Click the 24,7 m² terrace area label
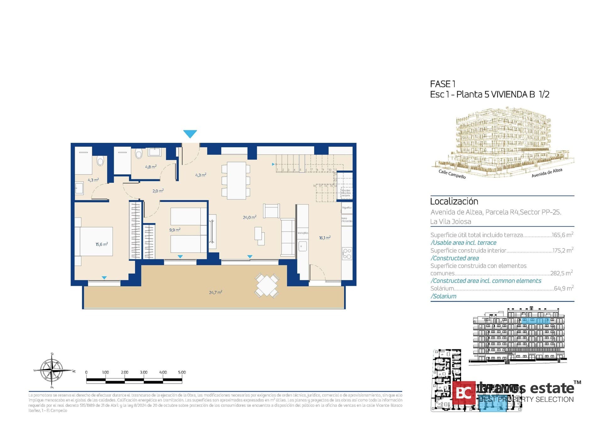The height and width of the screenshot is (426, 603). [215, 292]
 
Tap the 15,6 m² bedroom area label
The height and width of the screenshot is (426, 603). [102, 244]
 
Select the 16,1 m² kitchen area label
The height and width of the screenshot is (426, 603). [325, 238]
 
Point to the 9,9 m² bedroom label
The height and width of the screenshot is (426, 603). [175, 230]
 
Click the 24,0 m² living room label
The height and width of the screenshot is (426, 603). [249, 217]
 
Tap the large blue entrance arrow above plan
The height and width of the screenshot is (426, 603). [190, 134]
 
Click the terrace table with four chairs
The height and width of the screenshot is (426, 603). [266, 285]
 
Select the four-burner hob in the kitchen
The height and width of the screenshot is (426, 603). [347, 254]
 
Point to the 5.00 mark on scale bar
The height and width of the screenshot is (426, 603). [182, 372]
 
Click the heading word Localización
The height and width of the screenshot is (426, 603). [454, 202]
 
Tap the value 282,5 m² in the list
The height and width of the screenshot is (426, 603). [561, 273]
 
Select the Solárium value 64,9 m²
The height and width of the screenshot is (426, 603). [563, 288]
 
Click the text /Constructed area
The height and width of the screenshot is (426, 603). [454, 258]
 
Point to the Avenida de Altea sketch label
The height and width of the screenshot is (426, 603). [546, 173]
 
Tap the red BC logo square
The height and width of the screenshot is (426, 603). [464, 392]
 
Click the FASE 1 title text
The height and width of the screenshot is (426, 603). [443, 84]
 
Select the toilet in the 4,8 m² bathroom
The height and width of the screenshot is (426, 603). [139, 154]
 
